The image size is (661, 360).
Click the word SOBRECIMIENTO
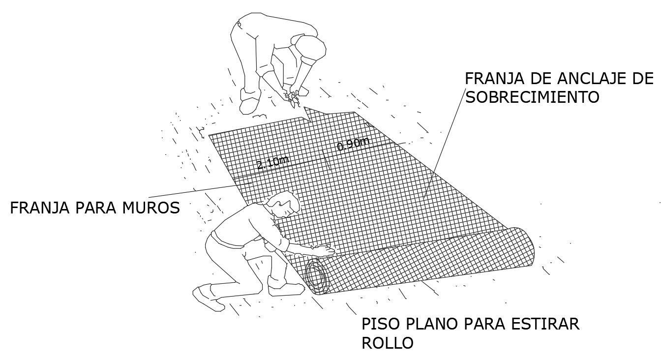(x=533, y=97)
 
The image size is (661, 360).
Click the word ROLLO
(x=387, y=343)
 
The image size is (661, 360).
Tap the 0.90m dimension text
(x=353, y=144)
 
